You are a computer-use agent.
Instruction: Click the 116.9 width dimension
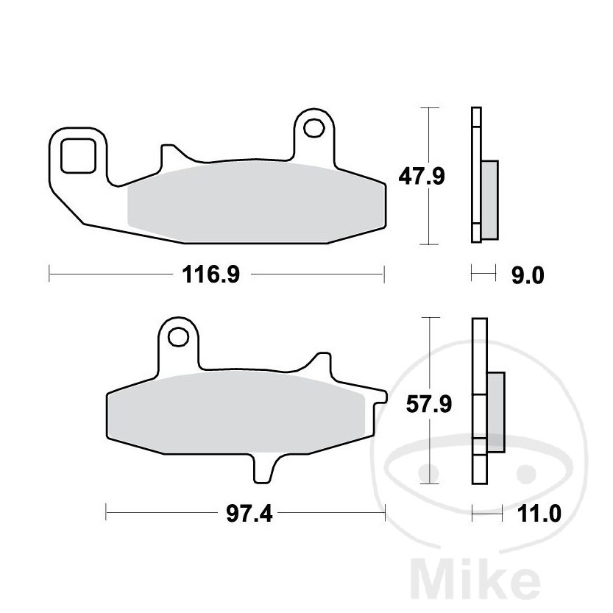pos(210,274)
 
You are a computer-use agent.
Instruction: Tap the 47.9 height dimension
pos(422,177)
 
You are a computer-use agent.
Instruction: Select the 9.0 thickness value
pos(528,276)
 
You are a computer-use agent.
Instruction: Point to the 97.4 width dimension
pos(249,514)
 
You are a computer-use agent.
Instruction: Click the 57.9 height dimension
pos(429,404)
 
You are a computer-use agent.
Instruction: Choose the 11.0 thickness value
pos(539,514)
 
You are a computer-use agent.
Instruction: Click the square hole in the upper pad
pos(78,155)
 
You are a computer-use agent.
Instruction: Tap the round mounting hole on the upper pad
pos(314,128)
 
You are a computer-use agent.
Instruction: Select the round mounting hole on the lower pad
pos(178,336)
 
